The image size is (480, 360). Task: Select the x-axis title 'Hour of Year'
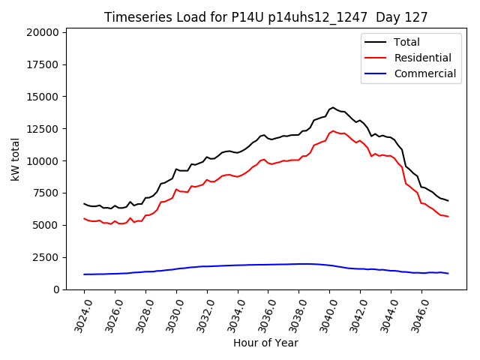(x=265, y=343)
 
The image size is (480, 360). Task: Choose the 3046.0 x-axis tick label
(x=418, y=315)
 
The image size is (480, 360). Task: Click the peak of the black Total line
(x=333, y=107)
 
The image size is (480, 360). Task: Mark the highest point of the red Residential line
(x=333, y=131)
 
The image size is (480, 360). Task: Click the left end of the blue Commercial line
(x=84, y=274)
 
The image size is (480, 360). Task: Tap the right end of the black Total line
(x=448, y=201)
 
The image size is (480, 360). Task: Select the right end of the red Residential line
(x=448, y=217)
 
